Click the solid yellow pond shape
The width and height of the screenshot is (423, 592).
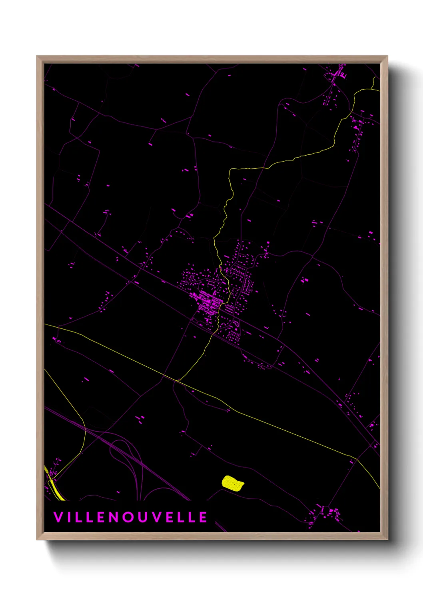[x=233, y=483]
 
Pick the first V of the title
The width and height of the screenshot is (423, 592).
[x=58, y=517]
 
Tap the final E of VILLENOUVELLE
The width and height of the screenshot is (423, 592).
[x=203, y=517]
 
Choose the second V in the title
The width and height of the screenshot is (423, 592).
[x=160, y=517]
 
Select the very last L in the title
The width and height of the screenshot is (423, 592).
[x=190, y=517]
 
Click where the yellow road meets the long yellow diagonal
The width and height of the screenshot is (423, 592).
[x=178, y=380]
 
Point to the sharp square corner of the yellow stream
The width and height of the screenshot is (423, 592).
[x=229, y=170]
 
